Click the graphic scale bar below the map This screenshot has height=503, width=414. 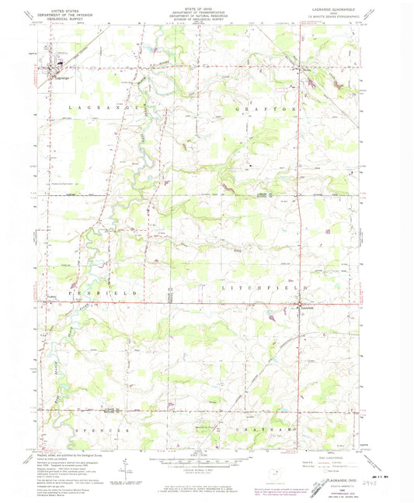(205, 458)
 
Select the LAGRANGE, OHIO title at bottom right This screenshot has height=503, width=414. (333, 470)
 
